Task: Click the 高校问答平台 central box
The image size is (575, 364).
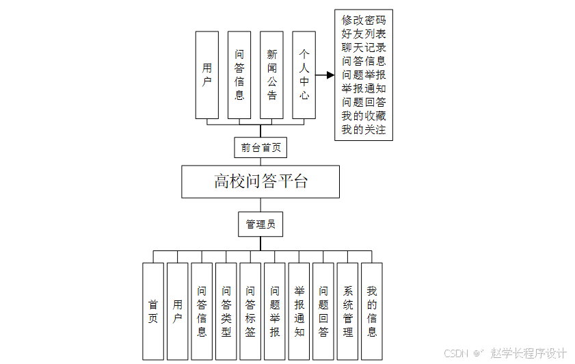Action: [x=260, y=181]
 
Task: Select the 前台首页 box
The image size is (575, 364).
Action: [x=260, y=147]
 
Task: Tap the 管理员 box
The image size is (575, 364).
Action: [x=260, y=224]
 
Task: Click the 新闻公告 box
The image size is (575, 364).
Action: [x=271, y=75]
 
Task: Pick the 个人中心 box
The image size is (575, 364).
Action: [x=304, y=75]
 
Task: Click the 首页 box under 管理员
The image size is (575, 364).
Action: [x=153, y=311]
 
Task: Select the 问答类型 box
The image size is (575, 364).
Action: [x=226, y=311]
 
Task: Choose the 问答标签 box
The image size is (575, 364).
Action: [x=250, y=311]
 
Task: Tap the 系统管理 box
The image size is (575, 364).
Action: [x=348, y=311]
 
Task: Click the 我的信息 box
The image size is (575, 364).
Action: [x=372, y=311]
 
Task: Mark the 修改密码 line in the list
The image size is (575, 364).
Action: [x=364, y=21]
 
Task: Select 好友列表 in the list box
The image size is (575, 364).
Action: [x=364, y=34]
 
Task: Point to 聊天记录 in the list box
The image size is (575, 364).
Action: [x=364, y=48]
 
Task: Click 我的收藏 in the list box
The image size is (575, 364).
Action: [x=364, y=116]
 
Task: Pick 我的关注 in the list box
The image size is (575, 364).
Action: [x=364, y=129]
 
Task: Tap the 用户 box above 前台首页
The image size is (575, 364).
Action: [x=207, y=75]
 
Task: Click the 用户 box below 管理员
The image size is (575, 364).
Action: [x=177, y=311]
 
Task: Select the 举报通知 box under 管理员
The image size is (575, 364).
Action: [x=299, y=311]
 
